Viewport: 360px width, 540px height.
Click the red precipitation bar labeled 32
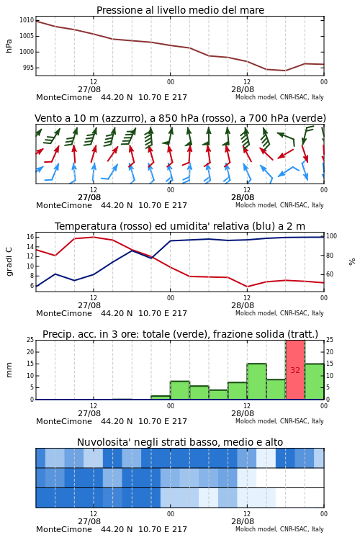(295, 370)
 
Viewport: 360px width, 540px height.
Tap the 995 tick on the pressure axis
(29, 68)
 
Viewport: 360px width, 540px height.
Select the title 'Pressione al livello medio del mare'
(180, 10)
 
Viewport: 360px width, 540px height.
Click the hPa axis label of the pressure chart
(9, 46)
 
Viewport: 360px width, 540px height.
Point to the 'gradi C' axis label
(9, 261)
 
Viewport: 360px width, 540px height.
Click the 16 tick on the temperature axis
(30, 237)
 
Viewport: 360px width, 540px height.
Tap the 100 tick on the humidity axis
(331, 236)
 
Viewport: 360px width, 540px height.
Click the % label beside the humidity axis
(352, 262)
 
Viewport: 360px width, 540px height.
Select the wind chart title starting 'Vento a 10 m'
(180, 119)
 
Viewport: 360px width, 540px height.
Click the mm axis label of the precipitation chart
(9, 370)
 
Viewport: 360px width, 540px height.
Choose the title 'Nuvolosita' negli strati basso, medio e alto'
(180, 442)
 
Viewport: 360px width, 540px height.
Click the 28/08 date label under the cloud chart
(243, 521)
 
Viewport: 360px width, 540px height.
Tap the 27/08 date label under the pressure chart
(89, 89)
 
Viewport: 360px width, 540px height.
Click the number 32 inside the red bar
(295, 370)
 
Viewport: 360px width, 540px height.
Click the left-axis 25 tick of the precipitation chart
(30, 340)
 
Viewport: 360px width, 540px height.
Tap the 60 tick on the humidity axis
(330, 274)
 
